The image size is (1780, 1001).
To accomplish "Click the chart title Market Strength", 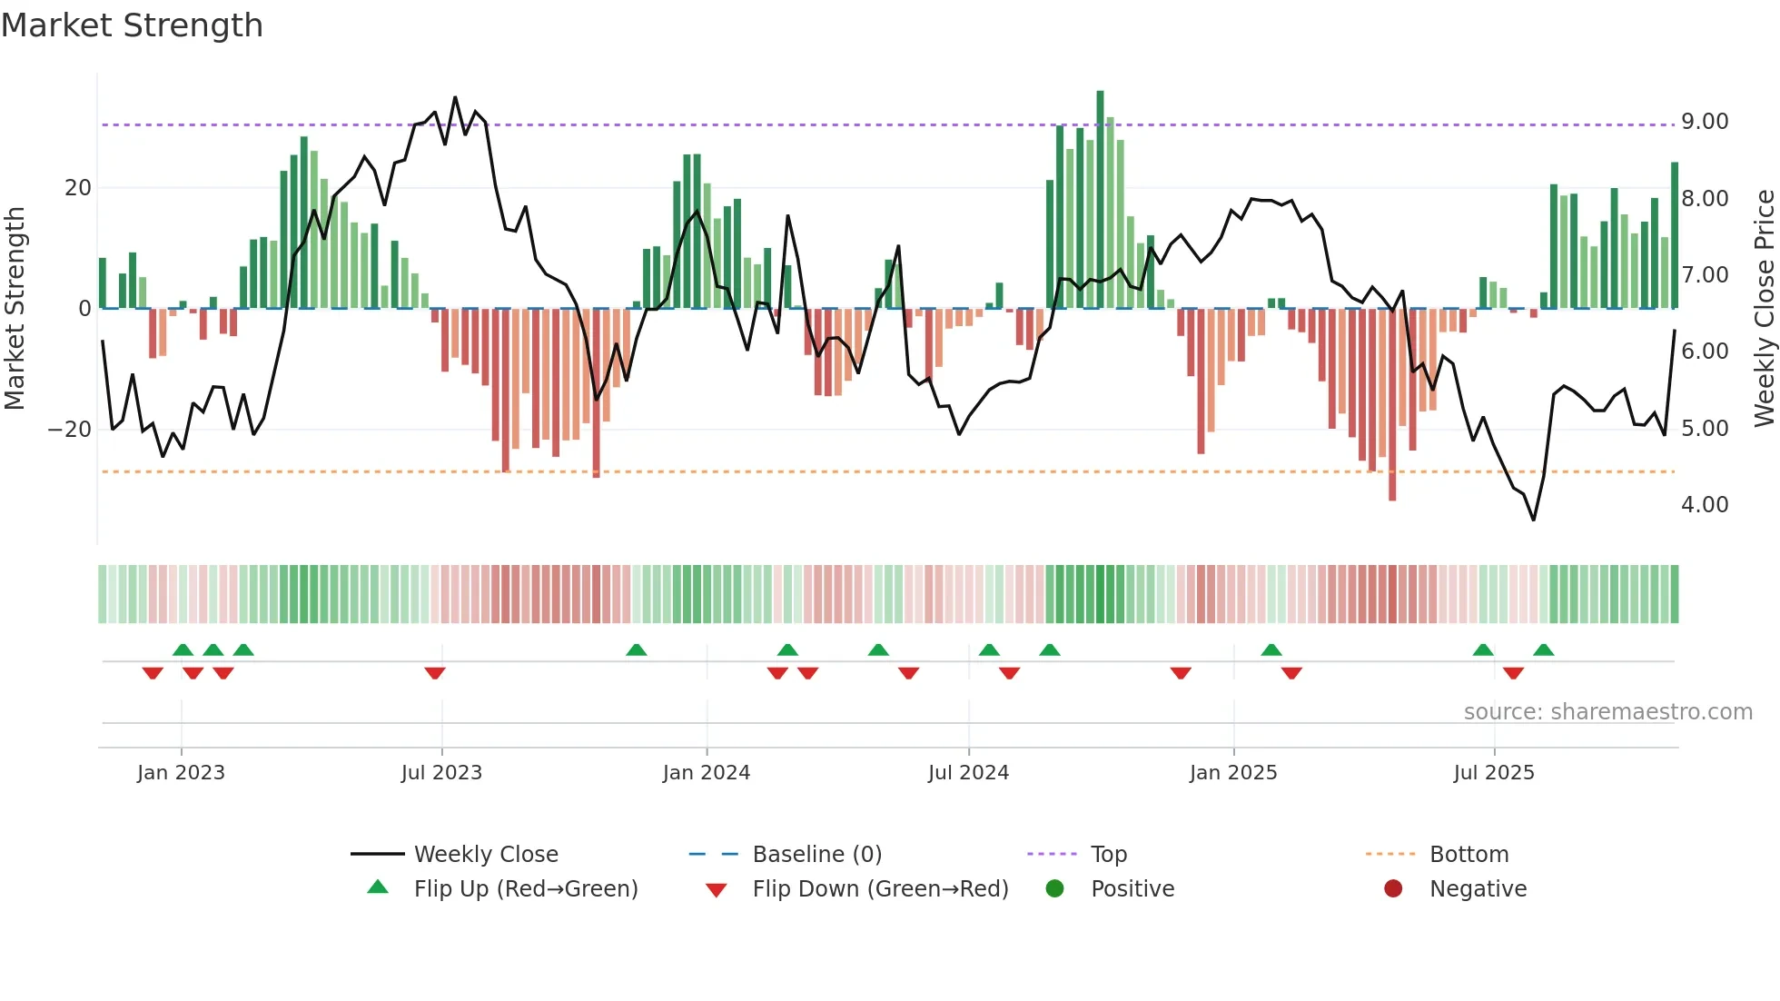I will tap(132, 25).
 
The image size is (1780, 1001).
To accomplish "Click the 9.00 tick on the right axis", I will tap(1704, 122).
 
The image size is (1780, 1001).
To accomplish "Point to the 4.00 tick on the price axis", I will tap(1704, 505).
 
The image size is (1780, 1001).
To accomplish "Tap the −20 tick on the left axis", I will tap(70, 430).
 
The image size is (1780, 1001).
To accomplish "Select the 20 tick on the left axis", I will tap(78, 188).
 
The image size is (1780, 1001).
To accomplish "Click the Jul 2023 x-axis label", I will tap(441, 773).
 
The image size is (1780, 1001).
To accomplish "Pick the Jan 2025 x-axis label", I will tap(1232, 773).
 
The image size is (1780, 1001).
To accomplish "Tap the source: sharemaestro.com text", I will tap(1607, 712).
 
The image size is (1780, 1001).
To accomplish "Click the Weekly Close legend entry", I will tap(485, 855).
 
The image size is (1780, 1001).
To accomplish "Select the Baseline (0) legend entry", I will tap(816, 855).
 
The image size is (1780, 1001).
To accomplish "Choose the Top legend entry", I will tap(1108, 855).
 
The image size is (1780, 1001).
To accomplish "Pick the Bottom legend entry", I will tap(1468, 855).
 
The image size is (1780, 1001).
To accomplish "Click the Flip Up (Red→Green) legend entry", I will tap(525, 889).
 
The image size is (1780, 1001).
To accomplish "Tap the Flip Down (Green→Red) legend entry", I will tap(879, 889).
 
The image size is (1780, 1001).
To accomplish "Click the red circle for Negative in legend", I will tap(1393, 889).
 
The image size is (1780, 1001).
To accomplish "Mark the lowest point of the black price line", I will tap(1534, 520).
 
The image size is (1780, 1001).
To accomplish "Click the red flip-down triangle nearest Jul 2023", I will tap(435, 673).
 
